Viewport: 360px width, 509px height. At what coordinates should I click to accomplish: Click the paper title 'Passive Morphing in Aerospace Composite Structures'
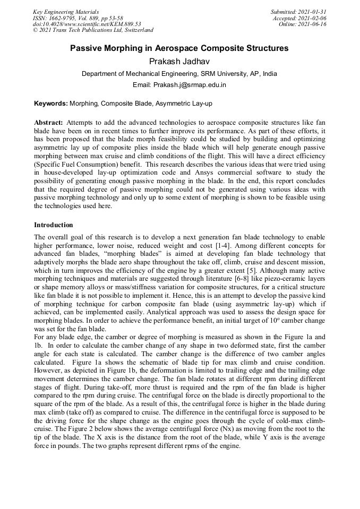point(179,48)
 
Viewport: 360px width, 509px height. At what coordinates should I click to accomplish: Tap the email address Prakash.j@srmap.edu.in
point(179,84)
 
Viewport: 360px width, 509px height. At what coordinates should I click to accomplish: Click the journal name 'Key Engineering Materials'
point(66,12)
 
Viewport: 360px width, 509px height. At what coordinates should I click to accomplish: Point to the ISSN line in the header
point(78,18)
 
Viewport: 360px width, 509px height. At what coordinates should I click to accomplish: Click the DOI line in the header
point(87,24)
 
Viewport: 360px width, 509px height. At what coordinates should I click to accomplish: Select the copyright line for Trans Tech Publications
point(93,30)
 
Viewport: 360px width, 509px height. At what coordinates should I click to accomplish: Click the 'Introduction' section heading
point(54,225)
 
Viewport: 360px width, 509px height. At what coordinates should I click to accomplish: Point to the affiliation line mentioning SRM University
point(179,74)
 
